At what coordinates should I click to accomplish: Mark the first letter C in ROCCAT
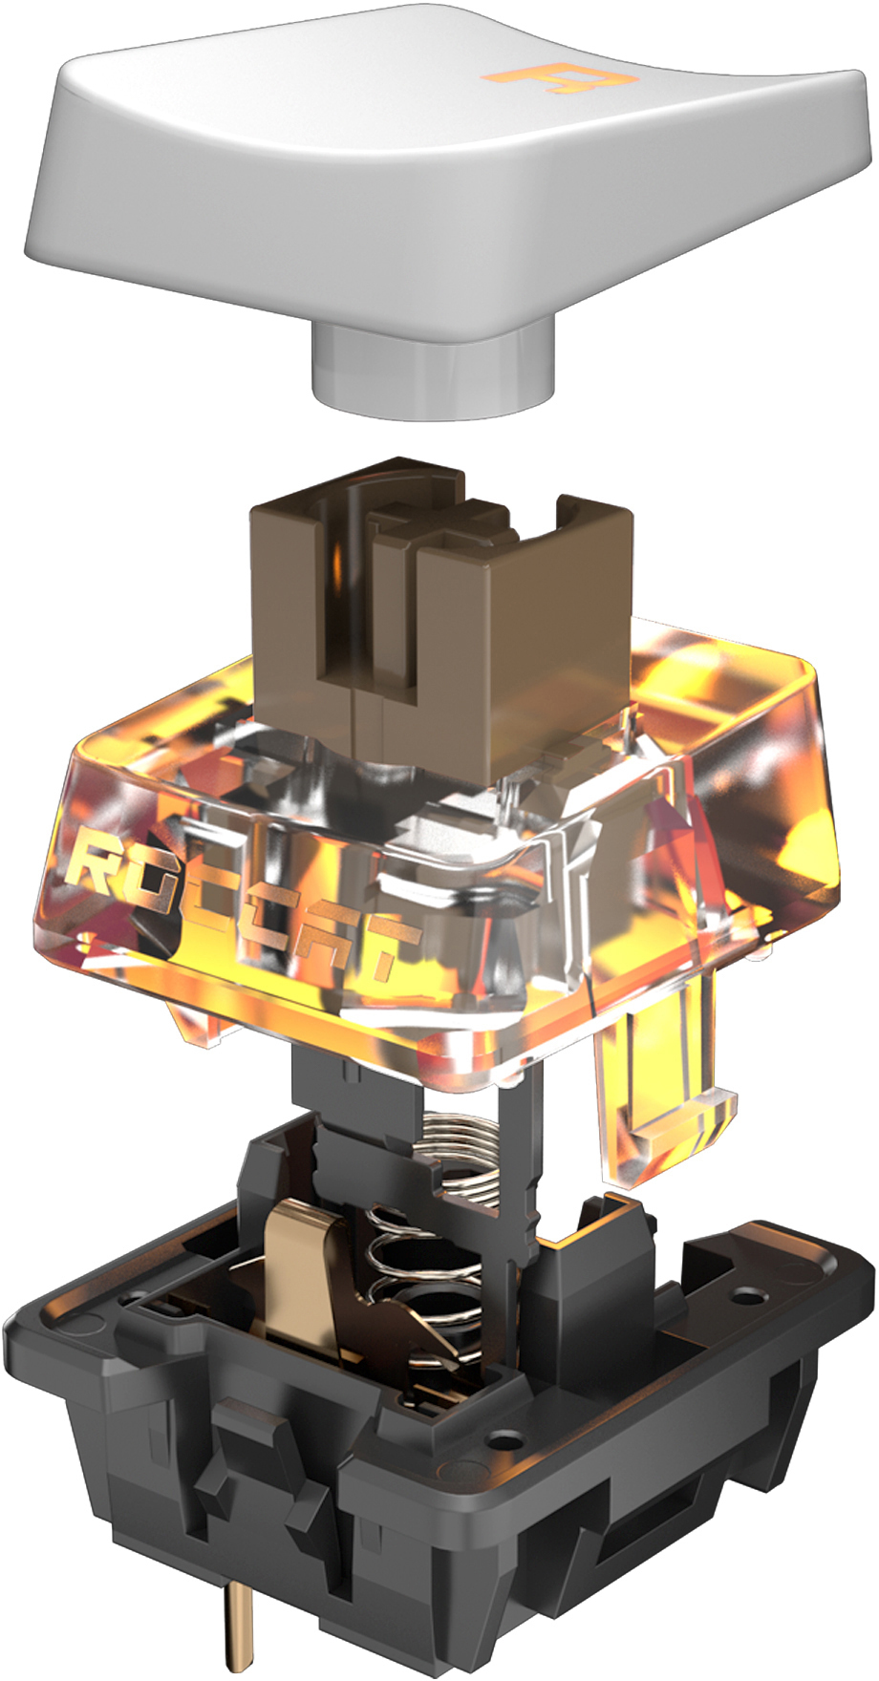tap(205, 898)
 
